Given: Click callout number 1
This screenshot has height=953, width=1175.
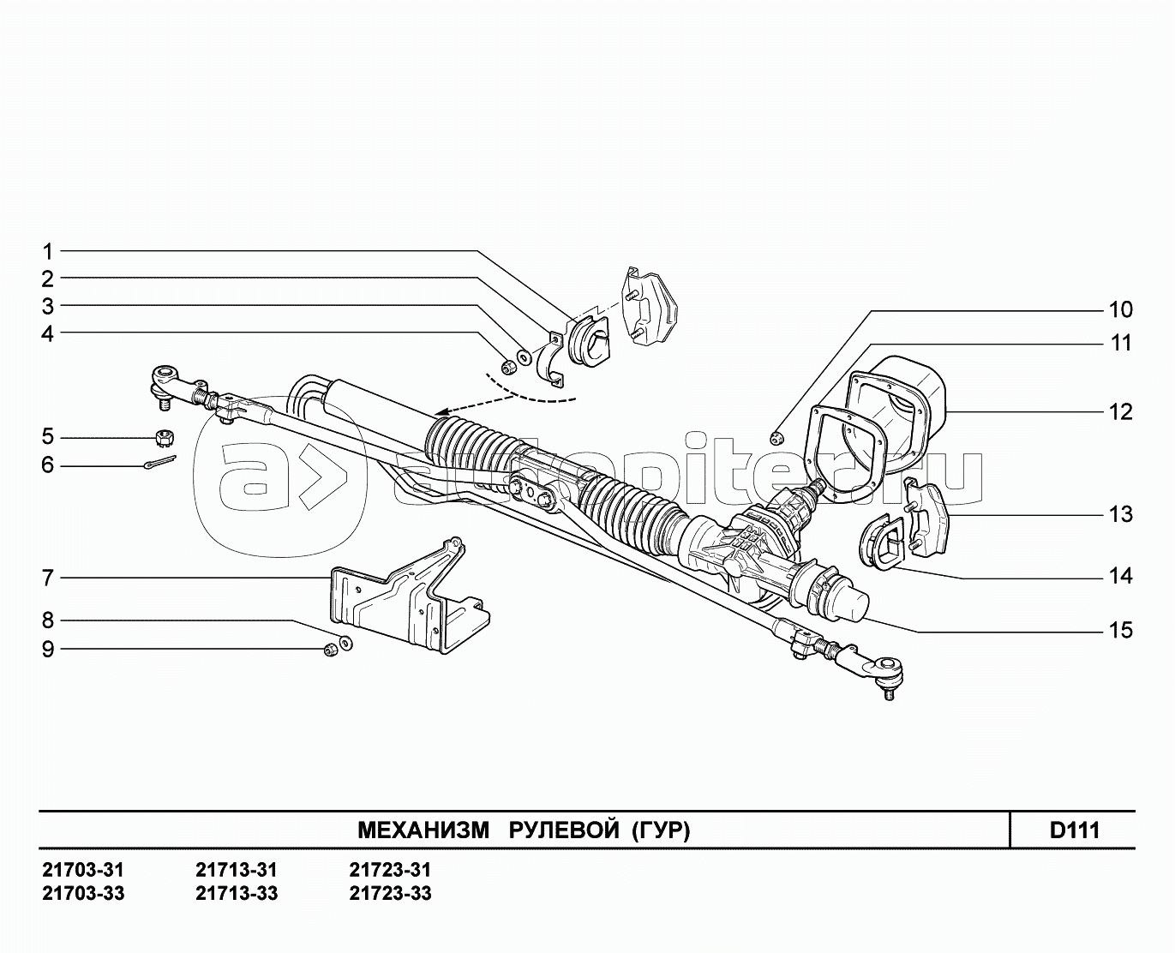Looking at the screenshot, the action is [48, 252].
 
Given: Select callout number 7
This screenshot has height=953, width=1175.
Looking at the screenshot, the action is [48, 578].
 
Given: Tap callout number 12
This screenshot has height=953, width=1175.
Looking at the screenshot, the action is [1120, 412].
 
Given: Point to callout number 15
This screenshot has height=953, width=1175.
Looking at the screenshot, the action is [1120, 631].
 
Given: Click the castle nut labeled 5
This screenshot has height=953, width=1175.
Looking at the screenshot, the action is [163, 438].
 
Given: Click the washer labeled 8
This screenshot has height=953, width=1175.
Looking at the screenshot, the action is [346, 643].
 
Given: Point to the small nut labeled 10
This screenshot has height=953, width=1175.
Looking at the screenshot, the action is [777, 439].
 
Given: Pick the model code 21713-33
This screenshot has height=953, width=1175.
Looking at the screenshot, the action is [237, 893].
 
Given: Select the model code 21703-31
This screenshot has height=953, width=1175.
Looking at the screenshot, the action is [83, 870].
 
